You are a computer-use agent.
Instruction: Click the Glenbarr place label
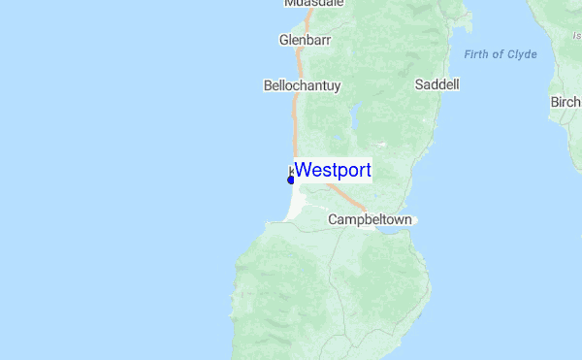(306, 41)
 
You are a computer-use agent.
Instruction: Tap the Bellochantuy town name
(303, 85)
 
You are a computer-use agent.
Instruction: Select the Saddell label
(436, 84)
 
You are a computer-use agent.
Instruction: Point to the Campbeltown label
(370, 219)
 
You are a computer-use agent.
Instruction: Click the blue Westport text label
(333, 170)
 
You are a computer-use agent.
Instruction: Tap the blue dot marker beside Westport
(291, 180)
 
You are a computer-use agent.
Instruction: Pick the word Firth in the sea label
(476, 54)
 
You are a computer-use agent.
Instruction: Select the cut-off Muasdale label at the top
(312, 3)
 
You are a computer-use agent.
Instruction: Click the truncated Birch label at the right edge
(566, 102)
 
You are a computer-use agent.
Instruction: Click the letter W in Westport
(302, 170)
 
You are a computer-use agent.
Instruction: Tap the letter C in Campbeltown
(333, 219)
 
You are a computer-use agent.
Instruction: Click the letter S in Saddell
(419, 84)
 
